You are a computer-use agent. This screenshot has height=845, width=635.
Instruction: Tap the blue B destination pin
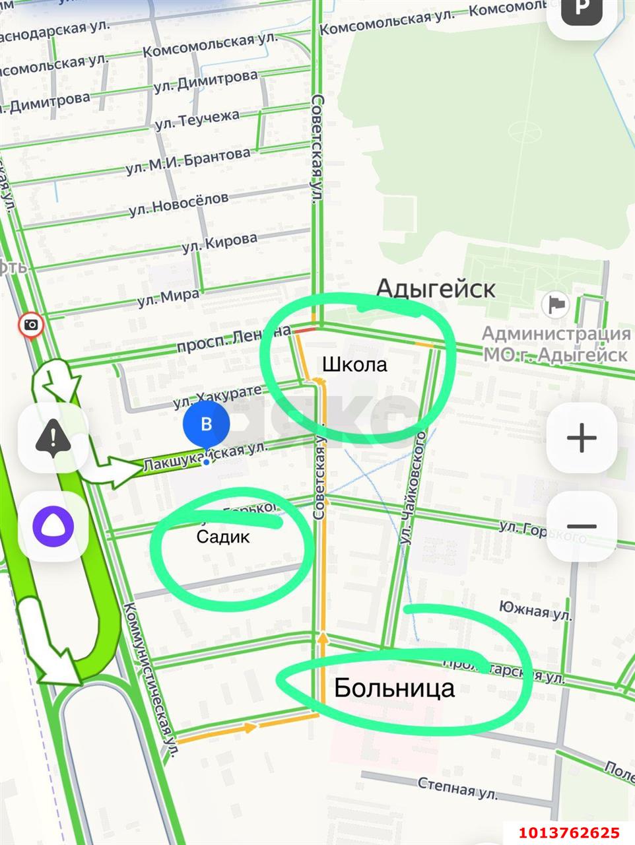(206, 424)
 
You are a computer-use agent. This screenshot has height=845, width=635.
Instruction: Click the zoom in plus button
(582, 438)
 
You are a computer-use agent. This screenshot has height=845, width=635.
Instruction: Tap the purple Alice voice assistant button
(53, 527)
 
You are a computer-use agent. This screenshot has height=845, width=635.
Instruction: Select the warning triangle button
(53, 437)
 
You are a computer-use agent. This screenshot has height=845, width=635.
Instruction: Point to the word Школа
(354, 364)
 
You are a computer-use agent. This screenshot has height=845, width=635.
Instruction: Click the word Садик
(223, 537)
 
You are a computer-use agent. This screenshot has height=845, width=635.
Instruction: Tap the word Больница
(394, 688)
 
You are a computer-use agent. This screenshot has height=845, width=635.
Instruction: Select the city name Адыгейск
(436, 288)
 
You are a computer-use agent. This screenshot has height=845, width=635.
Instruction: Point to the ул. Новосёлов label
(179, 203)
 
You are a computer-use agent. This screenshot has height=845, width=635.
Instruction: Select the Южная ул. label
(535, 610)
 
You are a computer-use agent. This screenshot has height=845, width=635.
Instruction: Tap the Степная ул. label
(457, 786)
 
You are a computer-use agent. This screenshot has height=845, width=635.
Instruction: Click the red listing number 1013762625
(568, 833)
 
